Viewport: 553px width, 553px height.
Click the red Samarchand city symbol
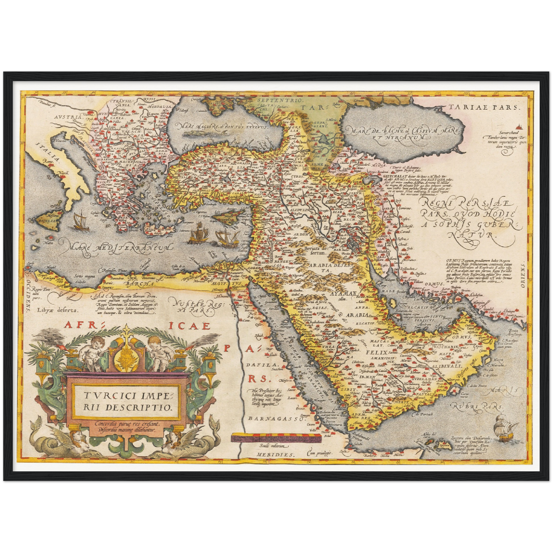click(518, 126)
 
